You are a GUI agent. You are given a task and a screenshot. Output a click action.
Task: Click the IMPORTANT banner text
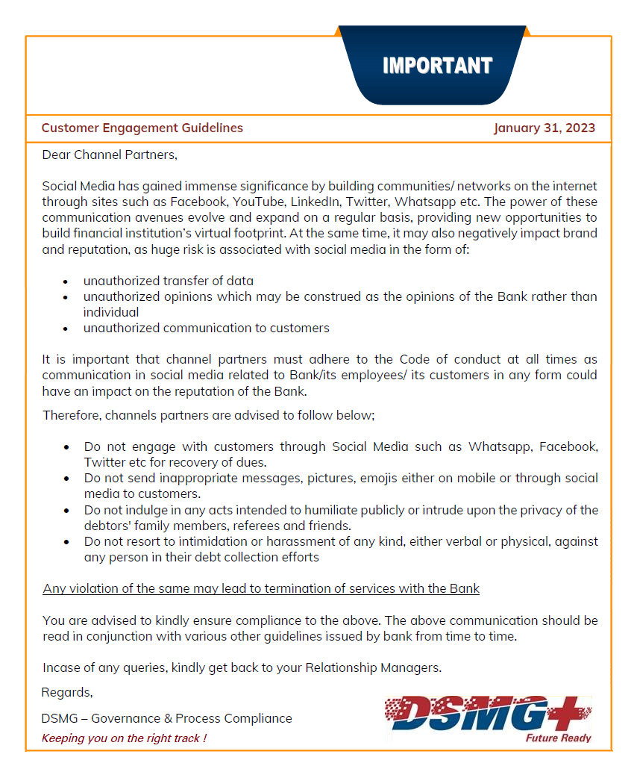437,66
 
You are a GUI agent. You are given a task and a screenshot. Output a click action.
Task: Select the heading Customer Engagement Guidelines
142,128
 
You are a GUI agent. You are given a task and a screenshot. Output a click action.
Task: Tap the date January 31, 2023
544,128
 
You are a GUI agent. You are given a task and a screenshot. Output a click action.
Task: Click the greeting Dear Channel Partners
110,155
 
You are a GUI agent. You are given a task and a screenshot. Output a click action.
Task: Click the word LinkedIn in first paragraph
316,202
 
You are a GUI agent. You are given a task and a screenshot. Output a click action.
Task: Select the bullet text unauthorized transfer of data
169,281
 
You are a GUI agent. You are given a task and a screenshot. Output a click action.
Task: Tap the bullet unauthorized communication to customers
207,328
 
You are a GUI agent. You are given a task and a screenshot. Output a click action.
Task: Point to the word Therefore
72,414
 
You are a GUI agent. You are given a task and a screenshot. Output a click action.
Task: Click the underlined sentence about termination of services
261,588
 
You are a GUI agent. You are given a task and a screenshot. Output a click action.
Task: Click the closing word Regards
67,692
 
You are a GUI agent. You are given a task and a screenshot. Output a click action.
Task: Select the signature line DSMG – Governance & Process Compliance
167,718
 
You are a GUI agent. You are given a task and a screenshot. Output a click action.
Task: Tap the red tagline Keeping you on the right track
124,738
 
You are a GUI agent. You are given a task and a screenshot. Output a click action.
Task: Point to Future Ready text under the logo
559,738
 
